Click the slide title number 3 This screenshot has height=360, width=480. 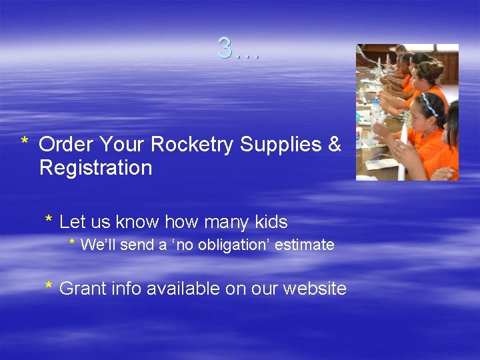click(225, 48)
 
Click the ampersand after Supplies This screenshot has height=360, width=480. click(335, 144)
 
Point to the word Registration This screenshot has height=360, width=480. click(95, 167)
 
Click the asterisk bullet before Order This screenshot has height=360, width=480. click(24, 142)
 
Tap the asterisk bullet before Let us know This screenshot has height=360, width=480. click(49, 220)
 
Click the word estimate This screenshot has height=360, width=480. click(304, 245)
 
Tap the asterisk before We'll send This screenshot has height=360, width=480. click(73, 243)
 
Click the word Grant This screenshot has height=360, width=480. click(82, 289)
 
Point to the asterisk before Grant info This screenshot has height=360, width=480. click(49, 287)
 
